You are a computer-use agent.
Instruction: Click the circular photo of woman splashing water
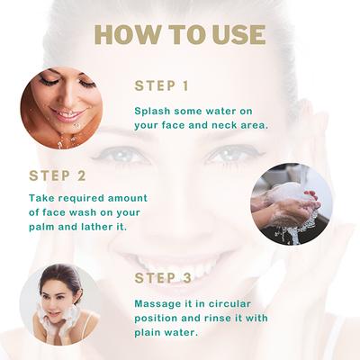coord(61,106)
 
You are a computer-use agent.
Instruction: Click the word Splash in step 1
coord(153,110)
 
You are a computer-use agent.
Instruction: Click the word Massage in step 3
coord(158,302)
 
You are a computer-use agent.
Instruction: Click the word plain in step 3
coord(149,331)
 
